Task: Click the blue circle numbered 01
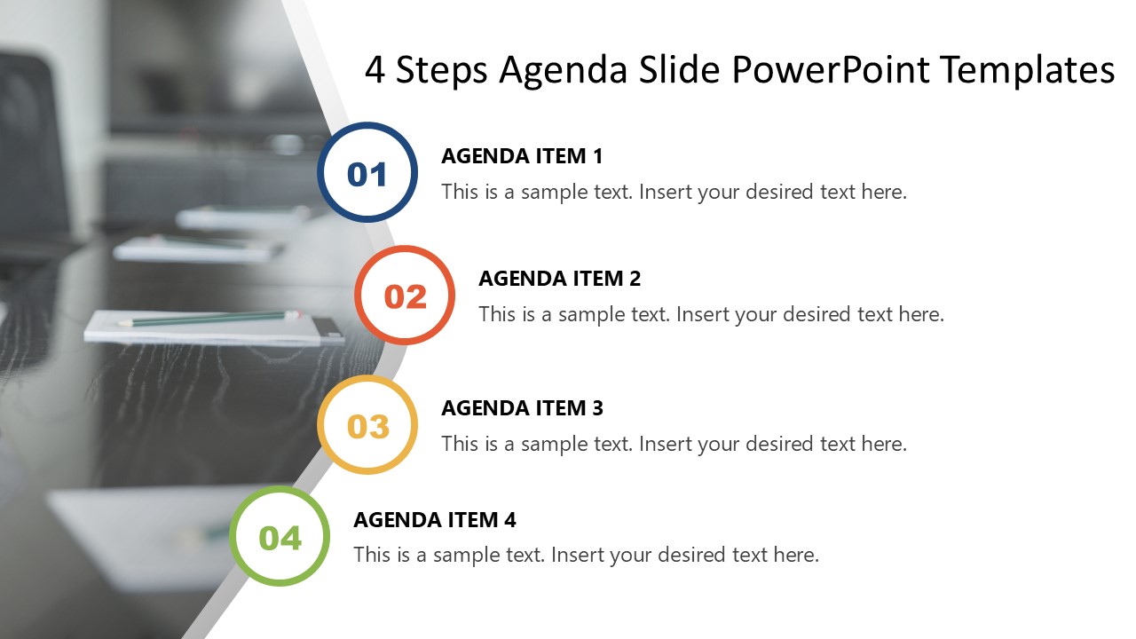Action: coord(367,172)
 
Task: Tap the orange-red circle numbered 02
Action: coord(405,296)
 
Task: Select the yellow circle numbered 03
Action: coord(367,425)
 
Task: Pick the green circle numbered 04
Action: coord(280,536)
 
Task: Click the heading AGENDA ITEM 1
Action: coord(522,156)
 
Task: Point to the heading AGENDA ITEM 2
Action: coord(559,279)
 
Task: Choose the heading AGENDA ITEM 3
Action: coord(522,408)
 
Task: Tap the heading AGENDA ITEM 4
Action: coord(434,520)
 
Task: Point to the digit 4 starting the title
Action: coord(375,70)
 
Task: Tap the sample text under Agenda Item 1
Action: coord(674,192)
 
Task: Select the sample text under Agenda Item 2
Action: coord(711,314)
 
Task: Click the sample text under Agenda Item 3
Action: coord(674,444)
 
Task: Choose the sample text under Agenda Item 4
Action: coord(586,556)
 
